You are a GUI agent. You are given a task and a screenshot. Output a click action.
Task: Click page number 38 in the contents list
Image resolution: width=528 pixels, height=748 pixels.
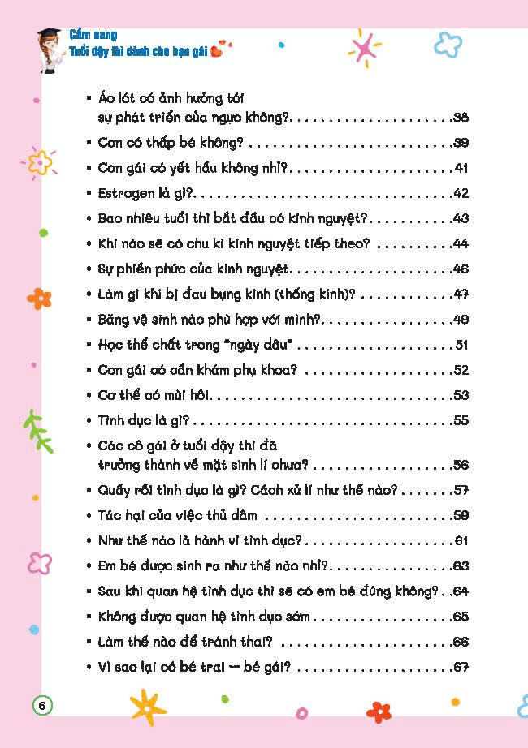click(x=461, y=118)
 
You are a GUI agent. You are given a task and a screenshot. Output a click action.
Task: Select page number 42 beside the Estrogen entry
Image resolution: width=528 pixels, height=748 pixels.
click(x=461, y=193)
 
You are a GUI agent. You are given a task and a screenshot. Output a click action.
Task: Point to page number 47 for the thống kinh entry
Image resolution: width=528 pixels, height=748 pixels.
click(x=461, y=294)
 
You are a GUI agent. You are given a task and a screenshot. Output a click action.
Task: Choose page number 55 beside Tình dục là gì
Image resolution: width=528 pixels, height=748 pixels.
click(x=461, y=420)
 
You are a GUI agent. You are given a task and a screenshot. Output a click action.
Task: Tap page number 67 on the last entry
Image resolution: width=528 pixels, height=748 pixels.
click(x=461, y=668)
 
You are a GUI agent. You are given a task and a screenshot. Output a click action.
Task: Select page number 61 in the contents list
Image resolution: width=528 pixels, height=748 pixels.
click(x=462, y=540)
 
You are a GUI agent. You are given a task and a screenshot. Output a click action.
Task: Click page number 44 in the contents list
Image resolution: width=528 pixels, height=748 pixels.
click(x=461, y=243)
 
